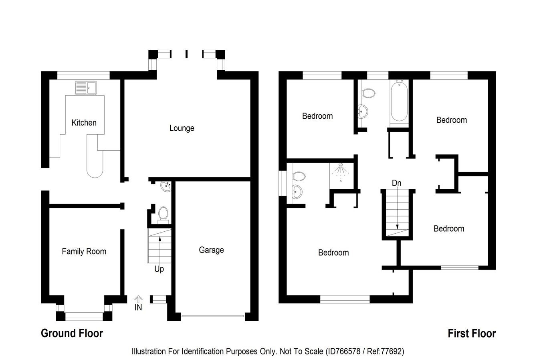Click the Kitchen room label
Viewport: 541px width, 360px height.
[84, 123]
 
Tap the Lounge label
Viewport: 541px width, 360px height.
[182, 128]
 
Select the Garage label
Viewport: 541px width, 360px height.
[211, 250]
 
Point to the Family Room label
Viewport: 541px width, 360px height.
[84, 251]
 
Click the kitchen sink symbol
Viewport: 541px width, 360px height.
[86, 87]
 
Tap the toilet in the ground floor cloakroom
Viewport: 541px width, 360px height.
[163, 214]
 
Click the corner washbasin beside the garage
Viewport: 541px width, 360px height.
[166, 186]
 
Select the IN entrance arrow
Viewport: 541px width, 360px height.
[138, 299]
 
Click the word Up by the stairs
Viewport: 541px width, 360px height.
[159, 269]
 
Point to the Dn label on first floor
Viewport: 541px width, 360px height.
[396, 183]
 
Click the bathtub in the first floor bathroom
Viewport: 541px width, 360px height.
[399, 101]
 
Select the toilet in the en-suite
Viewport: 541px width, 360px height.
[299, 176]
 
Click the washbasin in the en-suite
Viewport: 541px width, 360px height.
[297, 192]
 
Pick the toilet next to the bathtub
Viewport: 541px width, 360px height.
[368, 93]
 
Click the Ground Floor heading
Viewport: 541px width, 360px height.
[72, 333]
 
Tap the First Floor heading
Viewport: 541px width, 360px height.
[472, 333]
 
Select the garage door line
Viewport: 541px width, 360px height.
[213, 316]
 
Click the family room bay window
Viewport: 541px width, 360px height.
[84, 316]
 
